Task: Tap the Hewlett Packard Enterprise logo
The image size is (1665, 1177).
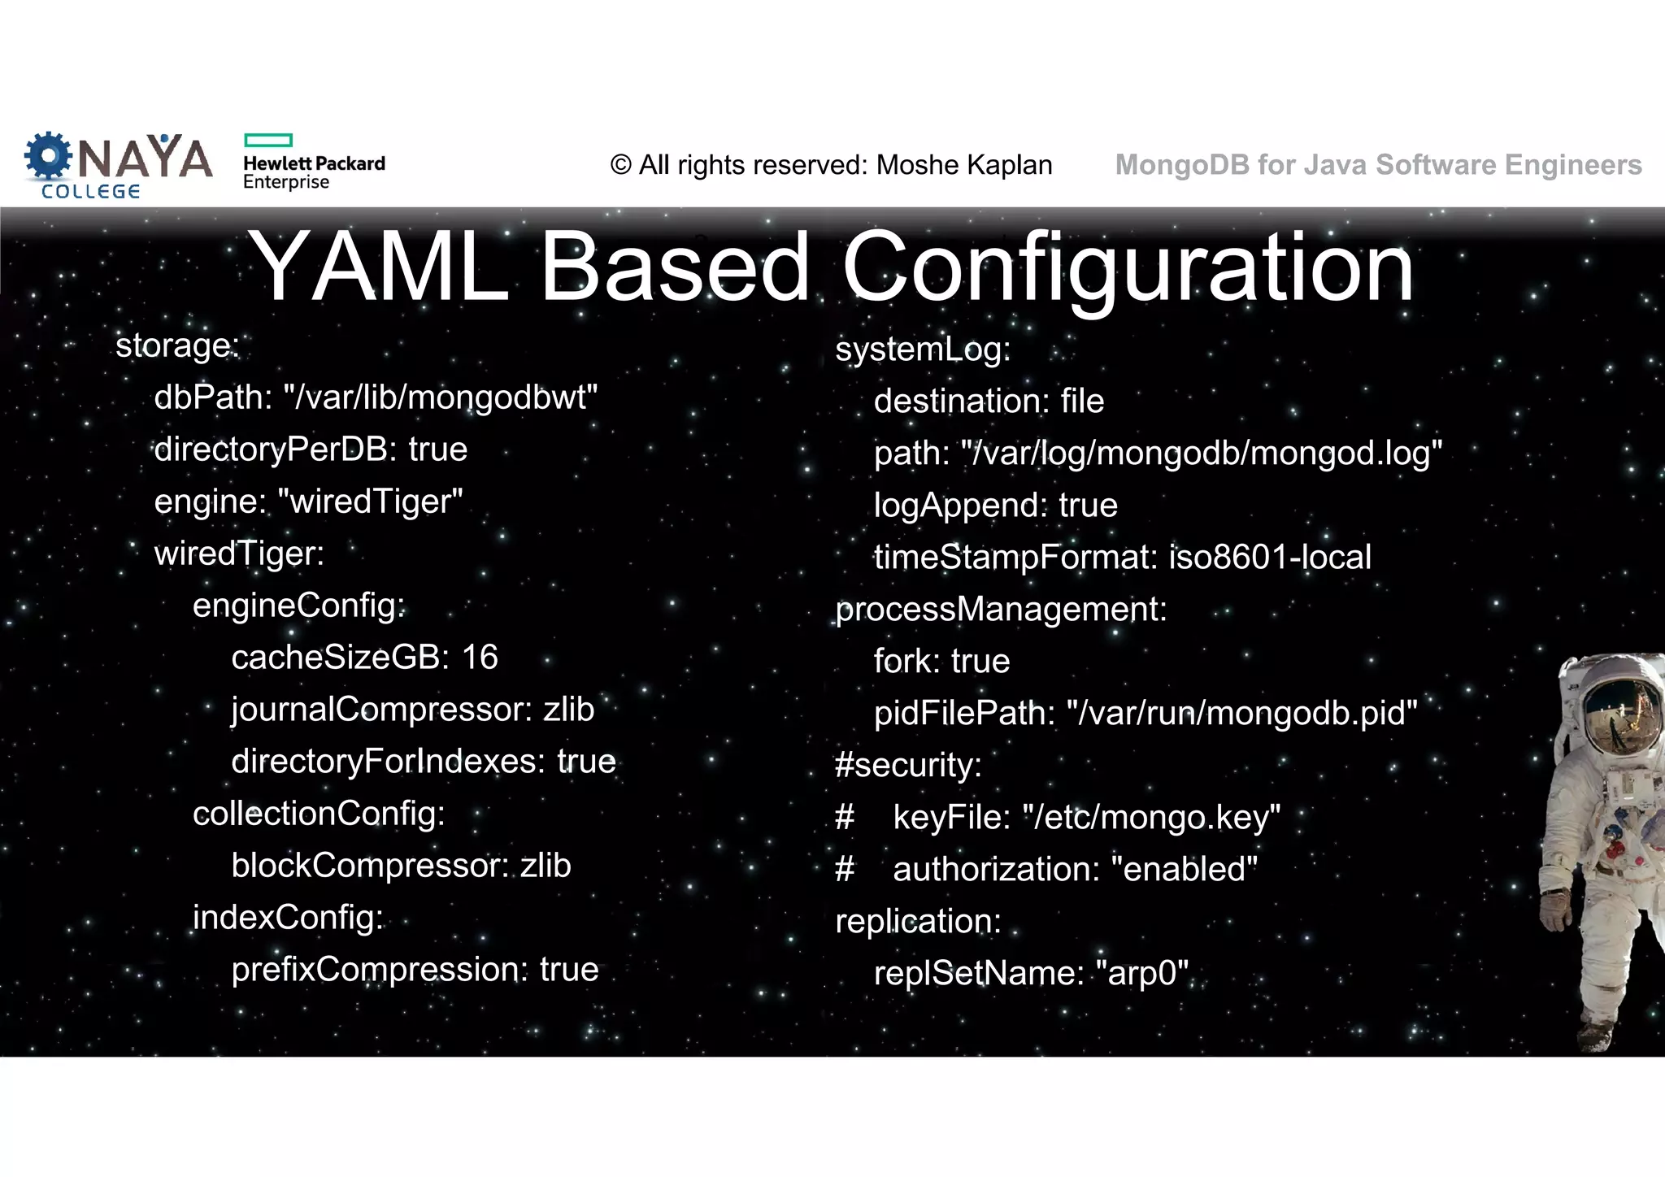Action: tap(313, 163)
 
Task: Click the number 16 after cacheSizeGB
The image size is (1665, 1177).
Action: tap(480, 657)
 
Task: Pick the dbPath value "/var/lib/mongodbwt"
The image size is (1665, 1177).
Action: tap(440, 397)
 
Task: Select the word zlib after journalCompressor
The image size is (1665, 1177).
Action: tap(568, 709)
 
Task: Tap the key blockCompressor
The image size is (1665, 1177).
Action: tap(370, 865)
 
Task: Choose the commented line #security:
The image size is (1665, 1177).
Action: tap(908, 765)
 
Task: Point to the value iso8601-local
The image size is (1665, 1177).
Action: tap(1269, 557)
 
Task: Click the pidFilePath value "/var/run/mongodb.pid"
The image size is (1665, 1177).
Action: tap(1241, 713)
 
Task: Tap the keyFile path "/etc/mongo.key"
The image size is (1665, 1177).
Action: tap(1151, 817)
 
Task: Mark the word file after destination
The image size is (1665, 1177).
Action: tap(1082, 401)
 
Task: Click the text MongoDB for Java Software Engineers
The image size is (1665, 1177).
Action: tap(1378, 165)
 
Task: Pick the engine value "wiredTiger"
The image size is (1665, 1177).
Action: tap(370, 502)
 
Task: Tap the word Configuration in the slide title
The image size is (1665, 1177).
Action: tap(1128, 267)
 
